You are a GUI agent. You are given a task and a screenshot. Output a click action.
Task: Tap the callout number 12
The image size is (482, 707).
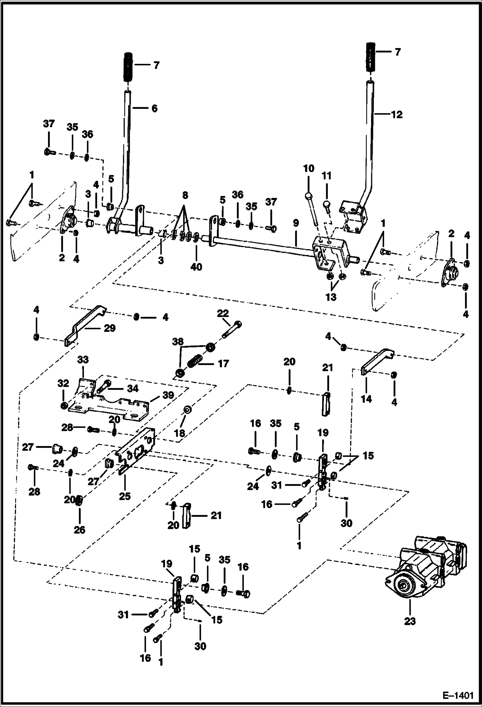click(397, 115)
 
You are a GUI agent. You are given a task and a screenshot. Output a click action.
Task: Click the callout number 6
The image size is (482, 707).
click(154, 109)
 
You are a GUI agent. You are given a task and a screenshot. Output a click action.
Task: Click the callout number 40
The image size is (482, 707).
click(196, 267)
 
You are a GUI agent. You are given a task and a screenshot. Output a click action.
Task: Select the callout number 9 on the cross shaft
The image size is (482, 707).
click(296, 223)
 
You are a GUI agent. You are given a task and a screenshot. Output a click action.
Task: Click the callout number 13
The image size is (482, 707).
click(331, 297)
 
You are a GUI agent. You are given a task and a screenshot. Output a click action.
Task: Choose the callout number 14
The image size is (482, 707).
click(366, 399)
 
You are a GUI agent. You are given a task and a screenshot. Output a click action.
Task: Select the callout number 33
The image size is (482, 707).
click(83, 359)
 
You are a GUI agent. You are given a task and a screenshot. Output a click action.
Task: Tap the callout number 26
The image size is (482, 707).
click(79, 530)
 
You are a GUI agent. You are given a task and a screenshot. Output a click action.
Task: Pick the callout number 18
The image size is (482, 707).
click(180, 433)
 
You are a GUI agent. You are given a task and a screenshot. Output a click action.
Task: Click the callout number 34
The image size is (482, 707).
click(133, 389)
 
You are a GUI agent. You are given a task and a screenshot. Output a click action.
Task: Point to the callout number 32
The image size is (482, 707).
click(63, 383)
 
